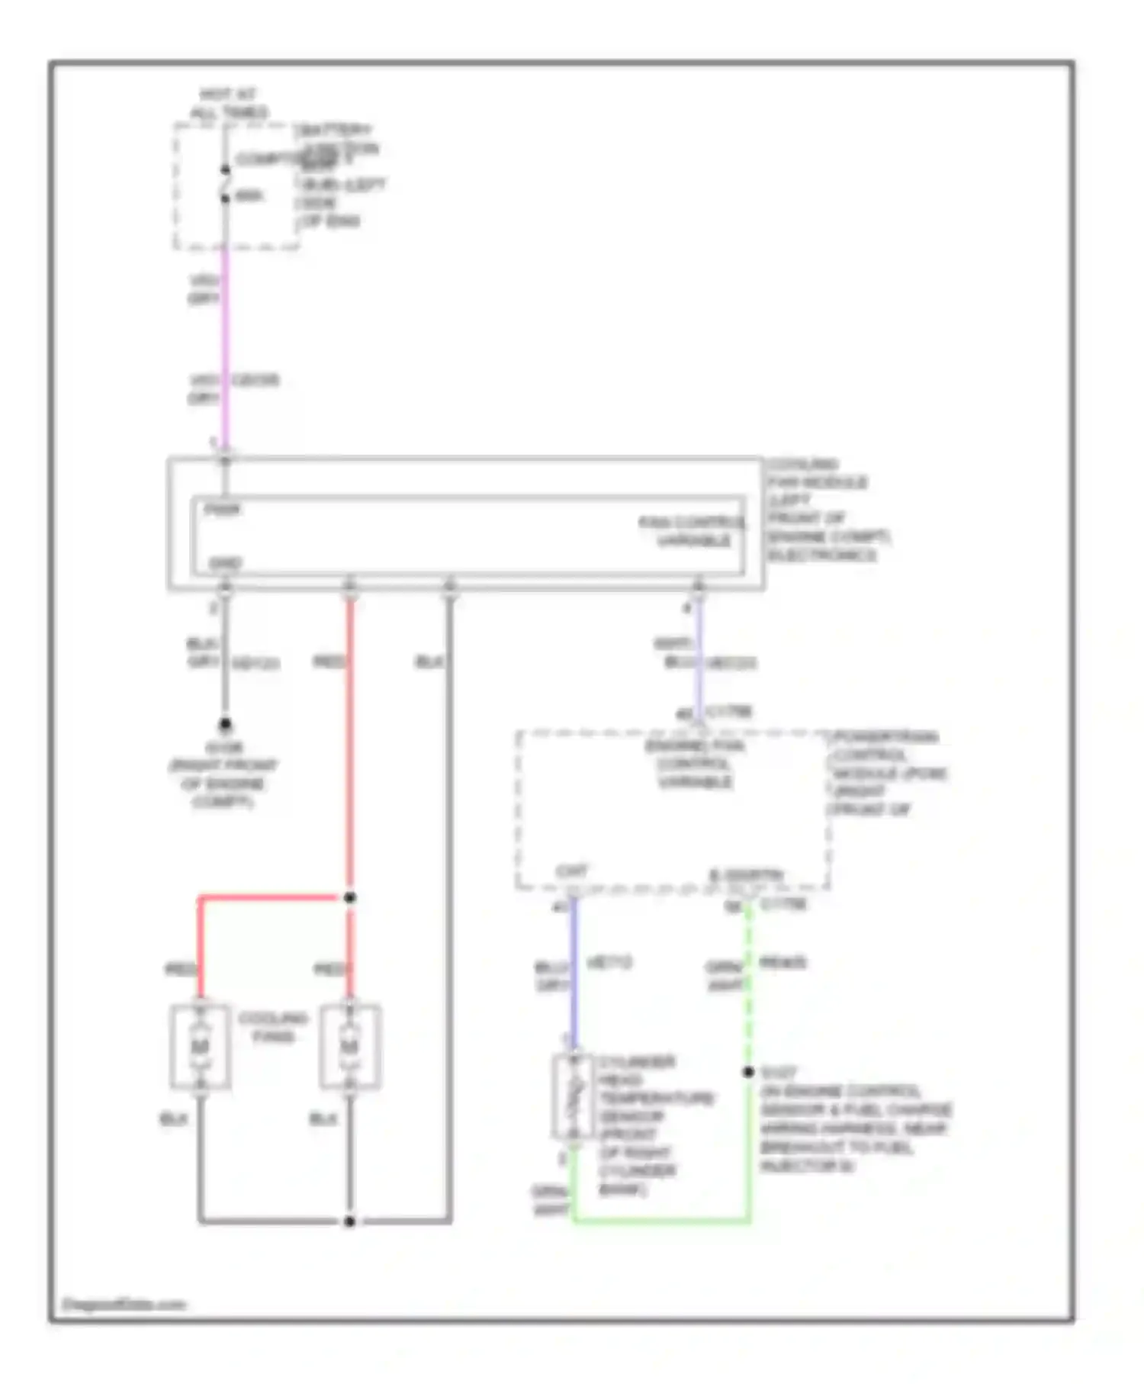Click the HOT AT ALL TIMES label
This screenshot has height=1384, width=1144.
click(x=228, y=104)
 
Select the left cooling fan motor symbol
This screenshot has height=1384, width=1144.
click(x=200, y=1046)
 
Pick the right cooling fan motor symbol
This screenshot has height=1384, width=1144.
click(x=350, y=1046)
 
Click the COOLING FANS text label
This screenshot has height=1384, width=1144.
click(x=272, y=1027)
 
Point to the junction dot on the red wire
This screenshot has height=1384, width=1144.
click(x=349, y=898)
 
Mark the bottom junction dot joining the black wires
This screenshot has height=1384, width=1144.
click(x=349, y=1221)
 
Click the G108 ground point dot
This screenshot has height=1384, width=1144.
click(x=225, y=723)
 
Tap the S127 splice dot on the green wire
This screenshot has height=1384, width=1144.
click(x=749, y=1072)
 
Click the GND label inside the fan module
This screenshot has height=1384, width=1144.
click(x=225, y=564)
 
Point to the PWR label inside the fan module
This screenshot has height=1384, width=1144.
click(x=223, y=510)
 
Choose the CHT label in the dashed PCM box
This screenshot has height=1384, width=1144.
click(x=572, y=871)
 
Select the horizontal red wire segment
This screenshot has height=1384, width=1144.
click(x=267, y=898)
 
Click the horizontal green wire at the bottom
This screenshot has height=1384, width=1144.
click(x=660, y=1221)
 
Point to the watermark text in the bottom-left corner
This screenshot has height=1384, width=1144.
click(x=124, y=1305)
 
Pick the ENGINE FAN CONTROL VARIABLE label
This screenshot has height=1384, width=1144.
click(x=695, y=764)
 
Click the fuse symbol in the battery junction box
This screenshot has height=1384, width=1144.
click(x=225, y=184)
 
